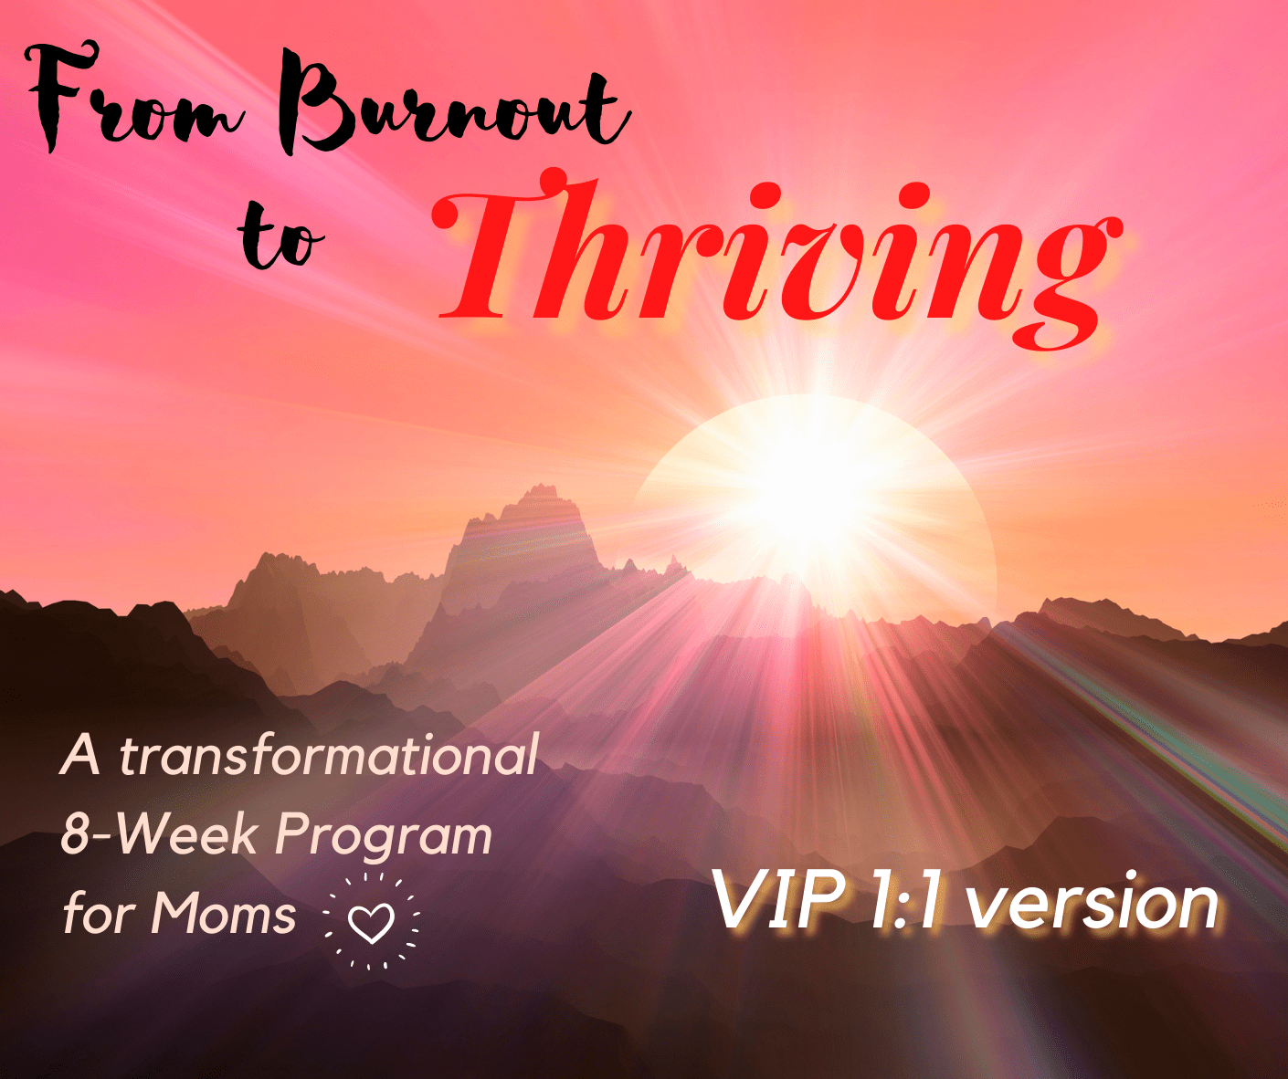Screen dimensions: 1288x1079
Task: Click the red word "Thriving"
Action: coord(776,259)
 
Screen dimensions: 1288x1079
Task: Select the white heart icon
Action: coord(371,923)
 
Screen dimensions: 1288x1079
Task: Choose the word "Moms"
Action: coord(224,913)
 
